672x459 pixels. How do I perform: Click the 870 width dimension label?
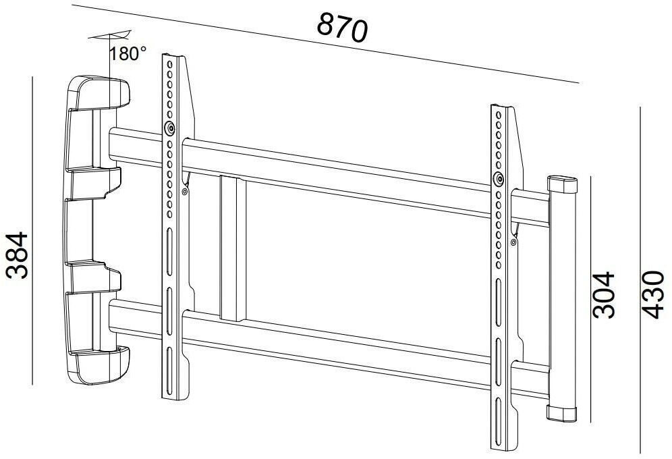[x=342, y=28]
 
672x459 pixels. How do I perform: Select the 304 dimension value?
[x=605, y=294]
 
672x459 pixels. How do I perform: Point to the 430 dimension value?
[x=652, y=294]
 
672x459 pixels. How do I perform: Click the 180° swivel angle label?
[x=128, y=53]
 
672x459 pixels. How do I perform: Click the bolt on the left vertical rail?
[x=170, y=128]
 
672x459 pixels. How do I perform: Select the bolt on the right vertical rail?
[x=498, y=180]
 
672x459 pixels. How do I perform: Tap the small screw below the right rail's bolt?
[x=514, y=242]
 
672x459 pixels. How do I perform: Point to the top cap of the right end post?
[x=563, y=184]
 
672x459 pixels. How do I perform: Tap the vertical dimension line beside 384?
[x=32, y=230]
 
